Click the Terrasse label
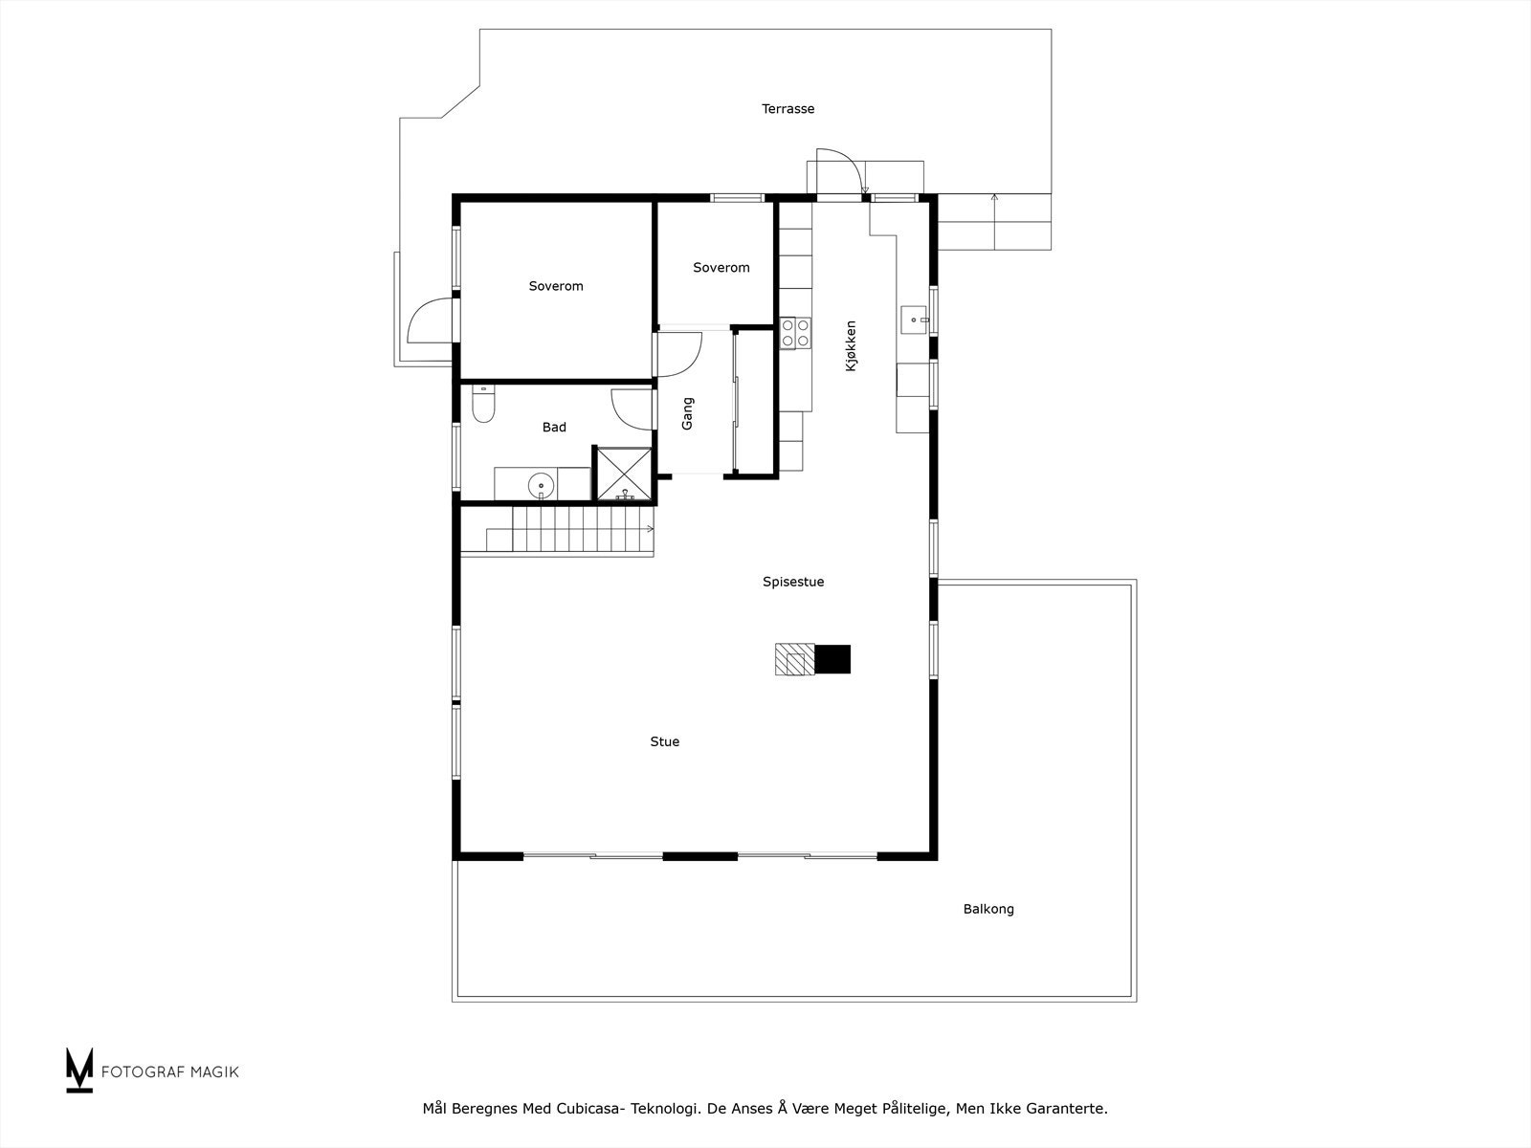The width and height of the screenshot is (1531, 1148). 788,109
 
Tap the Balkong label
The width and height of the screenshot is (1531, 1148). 987,909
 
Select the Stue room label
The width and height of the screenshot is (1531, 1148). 664,741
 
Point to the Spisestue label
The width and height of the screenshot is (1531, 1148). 792,582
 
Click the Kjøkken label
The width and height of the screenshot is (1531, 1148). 851,345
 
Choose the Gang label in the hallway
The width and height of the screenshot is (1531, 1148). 687,413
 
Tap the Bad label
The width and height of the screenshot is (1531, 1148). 554,428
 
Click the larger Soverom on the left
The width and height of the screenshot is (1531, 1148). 555,286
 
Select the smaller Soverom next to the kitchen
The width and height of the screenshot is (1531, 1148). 721,268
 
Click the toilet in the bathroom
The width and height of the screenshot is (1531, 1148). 483,408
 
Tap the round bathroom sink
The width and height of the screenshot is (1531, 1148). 542,486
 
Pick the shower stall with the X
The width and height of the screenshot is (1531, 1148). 624,474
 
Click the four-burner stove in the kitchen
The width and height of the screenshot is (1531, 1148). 794,332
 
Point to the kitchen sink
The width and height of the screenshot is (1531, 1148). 916,317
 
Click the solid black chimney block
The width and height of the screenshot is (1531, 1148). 832,659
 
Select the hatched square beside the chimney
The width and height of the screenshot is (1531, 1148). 794,659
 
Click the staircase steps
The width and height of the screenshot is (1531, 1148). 574,529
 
